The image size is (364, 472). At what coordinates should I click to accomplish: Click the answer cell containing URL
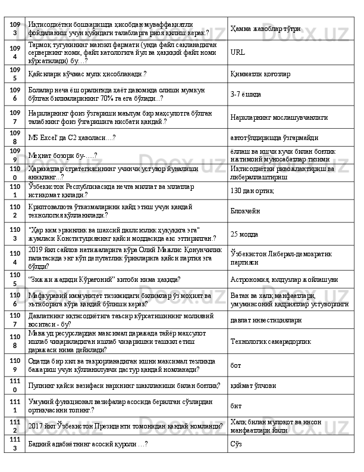click(x=237, y=52)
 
